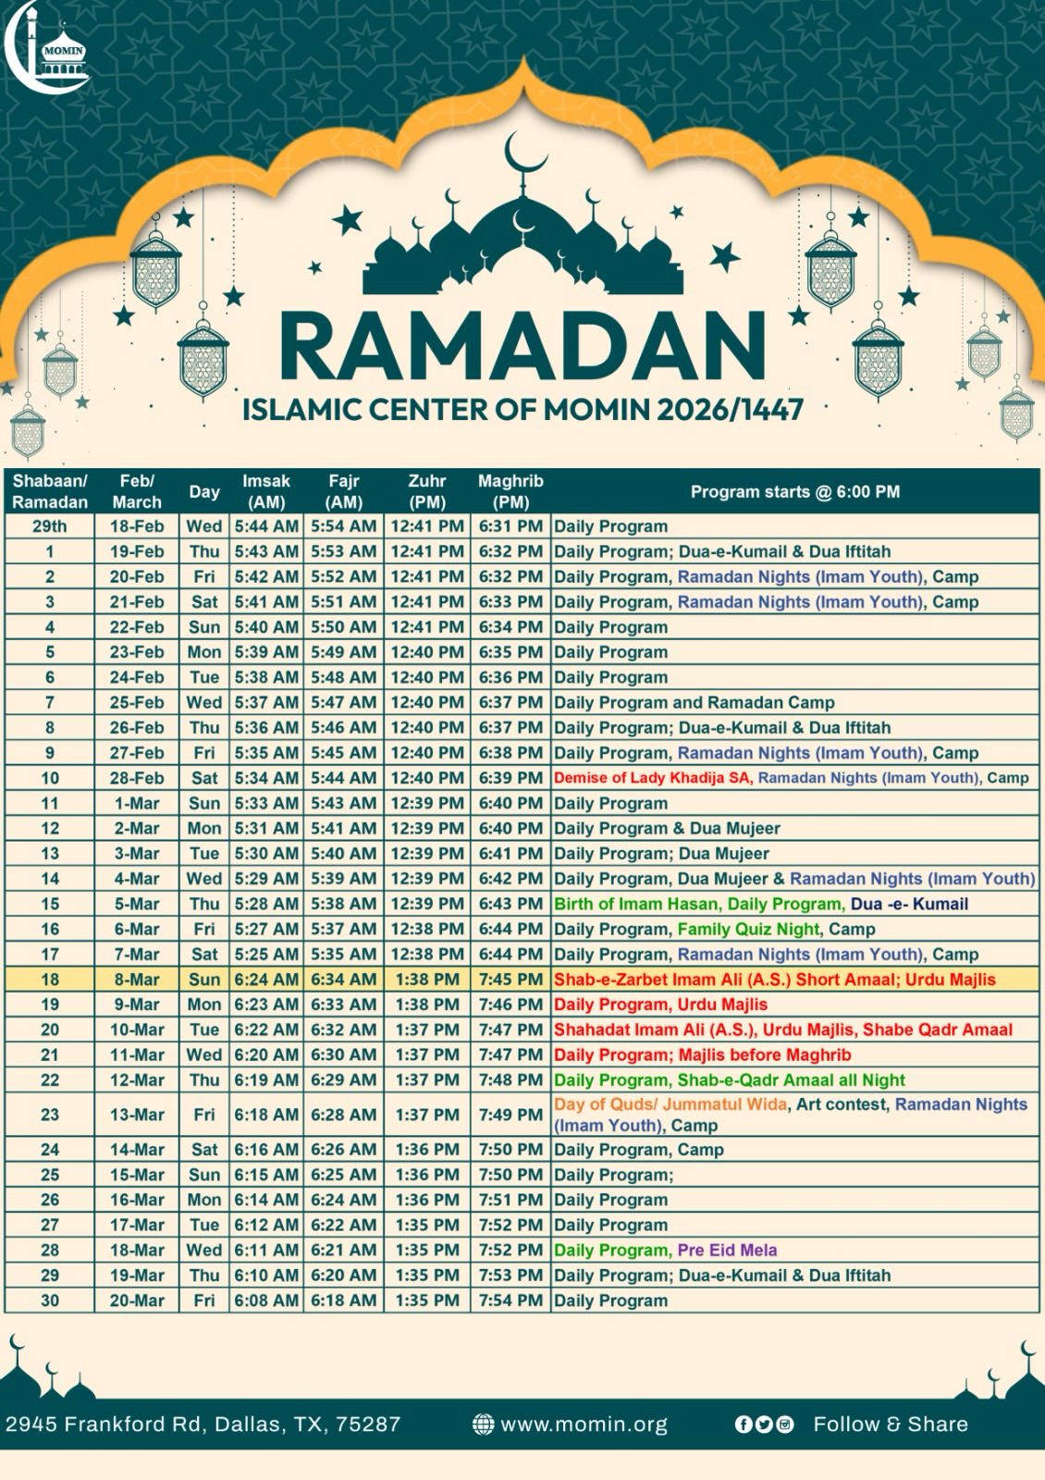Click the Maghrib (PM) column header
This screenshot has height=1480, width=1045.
coord(510,491)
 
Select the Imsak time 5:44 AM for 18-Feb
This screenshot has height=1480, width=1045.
coord(266,526)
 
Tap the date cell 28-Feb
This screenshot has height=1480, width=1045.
coord(137,778)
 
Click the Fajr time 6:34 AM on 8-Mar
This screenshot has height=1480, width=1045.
coord(343,980)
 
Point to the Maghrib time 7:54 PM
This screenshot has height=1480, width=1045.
coord(510,1301)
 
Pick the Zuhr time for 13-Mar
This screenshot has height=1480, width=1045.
coord(427,1115)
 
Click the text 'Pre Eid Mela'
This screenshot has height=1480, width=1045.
coord(727,1251)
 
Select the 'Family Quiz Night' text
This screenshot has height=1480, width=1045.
coord(748,929)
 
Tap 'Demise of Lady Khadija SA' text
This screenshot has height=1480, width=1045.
coord(652,778)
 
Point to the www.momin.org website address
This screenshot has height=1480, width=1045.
coord(584,1424)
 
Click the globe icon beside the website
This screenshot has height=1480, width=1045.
coord(483,1424)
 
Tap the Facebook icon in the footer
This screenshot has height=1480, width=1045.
coord(743,1424)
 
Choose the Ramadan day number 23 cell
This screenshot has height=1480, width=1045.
coord(50,1115)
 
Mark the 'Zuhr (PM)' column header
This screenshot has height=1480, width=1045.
coord(427,491)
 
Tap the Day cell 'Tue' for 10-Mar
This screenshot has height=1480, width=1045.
coord(204,1030)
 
